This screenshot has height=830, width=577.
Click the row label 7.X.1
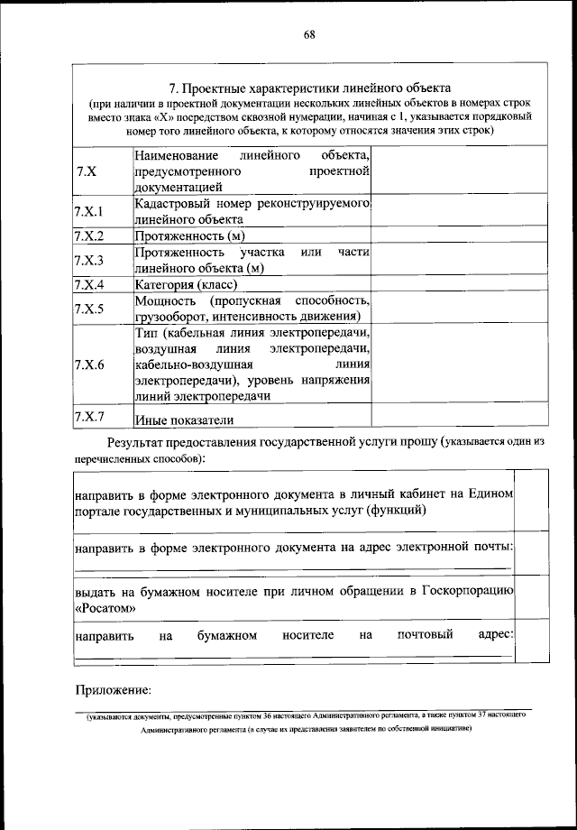pyautogui.click(x=89, y=212)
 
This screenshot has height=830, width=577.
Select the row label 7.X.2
pyautogui.click(x=89, y=236)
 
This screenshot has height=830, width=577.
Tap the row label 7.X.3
pyautogui.click(x=89, y=261)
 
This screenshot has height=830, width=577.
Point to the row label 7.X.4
pyautogui.click(x=89, y=285)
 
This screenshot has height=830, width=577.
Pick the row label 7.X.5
pyautogui.click(x=89, y=309)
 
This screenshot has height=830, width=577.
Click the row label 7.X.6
pyautogui.click(x=89, y=365)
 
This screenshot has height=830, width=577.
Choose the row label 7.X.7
pyautogui.click(x=89, y=416)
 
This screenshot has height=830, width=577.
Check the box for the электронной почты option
pyautogui.click(x=533, y=552)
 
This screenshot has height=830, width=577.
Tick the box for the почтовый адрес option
pyautogui.click(x=533, y=642)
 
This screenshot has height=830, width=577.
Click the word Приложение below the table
pyautogui.click(x=112, y=690)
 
